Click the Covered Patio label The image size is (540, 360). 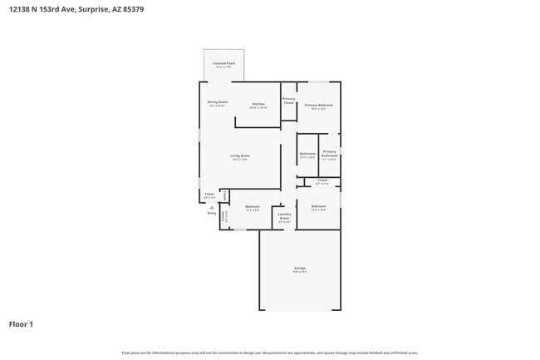click(223, 63)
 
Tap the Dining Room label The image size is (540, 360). click(218, 102)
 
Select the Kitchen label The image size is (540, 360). click(258, 104)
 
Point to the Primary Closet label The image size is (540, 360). click(289, 101)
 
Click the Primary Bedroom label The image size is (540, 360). click(318, 105)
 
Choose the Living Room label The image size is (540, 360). click(240, 155)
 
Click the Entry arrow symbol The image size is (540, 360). click(211, 207)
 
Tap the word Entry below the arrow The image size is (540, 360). click(211, 213)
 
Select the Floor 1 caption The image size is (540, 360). click(21, 323)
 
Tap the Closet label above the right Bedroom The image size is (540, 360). click(322, 180)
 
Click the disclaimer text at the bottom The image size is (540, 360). click(269, 353)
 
